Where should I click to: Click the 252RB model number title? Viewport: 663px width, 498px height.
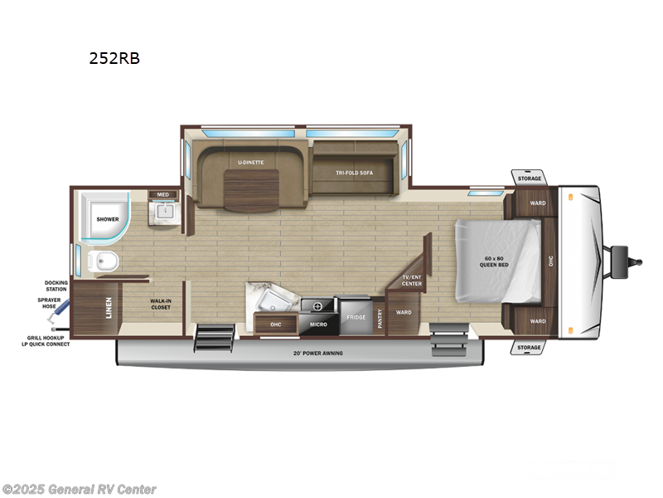click(113, 59)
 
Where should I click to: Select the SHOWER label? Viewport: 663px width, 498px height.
click(108, 219)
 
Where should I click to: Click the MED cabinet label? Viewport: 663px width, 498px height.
click(162, 195)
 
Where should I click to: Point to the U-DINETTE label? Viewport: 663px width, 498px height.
click(250, 162)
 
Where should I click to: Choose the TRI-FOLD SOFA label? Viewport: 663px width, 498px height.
click(354, 172)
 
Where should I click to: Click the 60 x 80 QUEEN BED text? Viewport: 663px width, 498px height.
click(499, 264)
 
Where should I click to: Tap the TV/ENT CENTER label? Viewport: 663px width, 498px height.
click(412, 281)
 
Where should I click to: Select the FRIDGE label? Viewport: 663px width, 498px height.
click(356, 317)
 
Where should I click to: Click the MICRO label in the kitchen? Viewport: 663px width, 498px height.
click(318, 325)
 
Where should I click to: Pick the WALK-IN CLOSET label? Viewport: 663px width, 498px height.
click(160, 305)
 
